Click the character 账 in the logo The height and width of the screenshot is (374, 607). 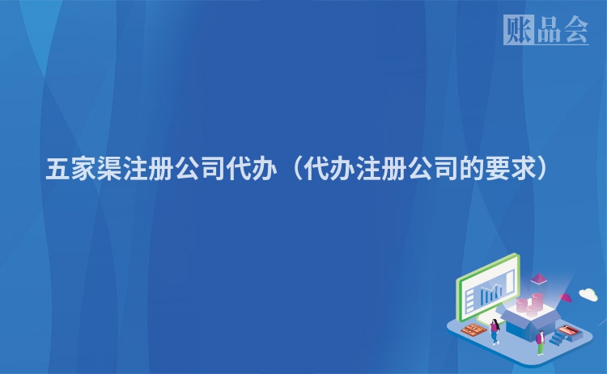pyautogui.click(x=518, y=30)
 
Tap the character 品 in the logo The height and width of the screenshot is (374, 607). pyautogui.click(x=549, y=30)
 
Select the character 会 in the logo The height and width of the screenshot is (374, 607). pyautogui.click(x=575, y=30)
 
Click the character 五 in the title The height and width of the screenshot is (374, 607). pyautogui.click(x=57, y=169)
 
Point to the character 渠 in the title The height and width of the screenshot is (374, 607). pyautogui.click(x=109, y=169)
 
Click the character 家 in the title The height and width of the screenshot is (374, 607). pyautogui.click(x=83, y=169)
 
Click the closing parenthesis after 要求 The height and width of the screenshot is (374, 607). pyautogui.click(x=543, y=169)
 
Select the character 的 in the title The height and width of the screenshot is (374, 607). pyautogui.click(x=472, y=169)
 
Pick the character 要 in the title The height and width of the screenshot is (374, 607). pyautogui.click(x=498, y=169)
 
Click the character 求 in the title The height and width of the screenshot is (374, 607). pyautogui.click(x=524, y=169)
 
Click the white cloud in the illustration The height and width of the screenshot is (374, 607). pyautogui.click(x=588, y=294)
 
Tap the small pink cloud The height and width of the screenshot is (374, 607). pyautogui.click(x=565, y=297)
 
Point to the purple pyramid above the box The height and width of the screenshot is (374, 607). pyautogui.click(x=538, y=279)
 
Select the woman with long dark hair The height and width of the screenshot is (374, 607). pyautogui.click(x=495, y=331)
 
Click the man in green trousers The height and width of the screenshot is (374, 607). pyautogui.click(x=541, y=342)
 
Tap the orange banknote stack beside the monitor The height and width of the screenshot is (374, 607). pyautogui.click(x=473, y=330)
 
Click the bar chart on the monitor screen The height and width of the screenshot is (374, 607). pyautogui.click(x=491, y=295)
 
